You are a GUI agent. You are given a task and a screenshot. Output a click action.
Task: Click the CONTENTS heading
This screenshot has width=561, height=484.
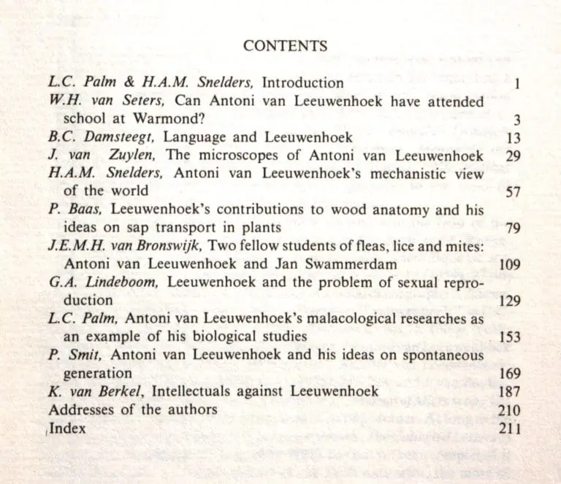(285, 46)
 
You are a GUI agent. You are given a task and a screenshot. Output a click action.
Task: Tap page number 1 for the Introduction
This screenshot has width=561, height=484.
(516, 84)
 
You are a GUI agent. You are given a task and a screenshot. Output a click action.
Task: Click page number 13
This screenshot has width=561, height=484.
(512, 138)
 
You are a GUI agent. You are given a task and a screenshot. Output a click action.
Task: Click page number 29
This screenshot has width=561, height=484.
(512, 155)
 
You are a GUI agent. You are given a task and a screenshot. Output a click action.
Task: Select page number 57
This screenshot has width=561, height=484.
(512, 192)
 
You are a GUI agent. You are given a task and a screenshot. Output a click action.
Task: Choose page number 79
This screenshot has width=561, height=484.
(512, 228)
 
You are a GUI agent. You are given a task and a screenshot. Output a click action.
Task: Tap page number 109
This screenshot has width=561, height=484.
(509, 264)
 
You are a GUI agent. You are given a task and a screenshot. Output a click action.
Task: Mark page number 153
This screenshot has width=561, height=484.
(509, 337)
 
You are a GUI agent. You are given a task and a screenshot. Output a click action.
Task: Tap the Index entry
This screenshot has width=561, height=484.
(68, 429)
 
